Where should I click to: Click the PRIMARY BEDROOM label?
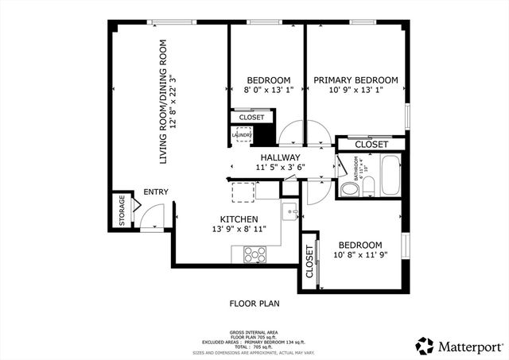355,80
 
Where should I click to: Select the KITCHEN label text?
239,219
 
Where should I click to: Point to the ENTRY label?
156,192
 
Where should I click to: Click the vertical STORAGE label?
122,211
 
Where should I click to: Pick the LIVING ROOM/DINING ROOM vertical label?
164,102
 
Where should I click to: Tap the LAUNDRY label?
242,135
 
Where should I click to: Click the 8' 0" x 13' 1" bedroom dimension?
267,91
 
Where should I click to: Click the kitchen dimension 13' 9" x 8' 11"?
239,229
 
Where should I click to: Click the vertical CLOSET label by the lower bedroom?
309,261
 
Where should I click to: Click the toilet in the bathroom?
348,191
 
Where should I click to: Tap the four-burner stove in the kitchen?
254,254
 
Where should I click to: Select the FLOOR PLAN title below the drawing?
254,303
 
